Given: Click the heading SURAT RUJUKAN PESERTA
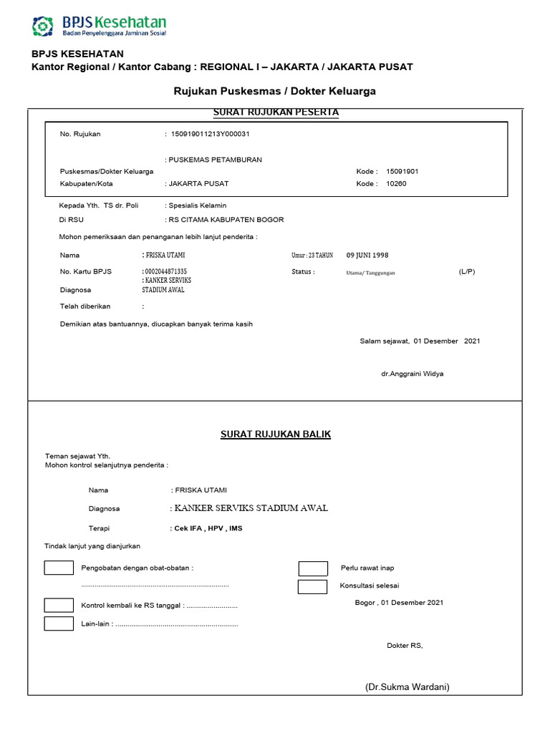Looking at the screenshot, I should coord(276,112).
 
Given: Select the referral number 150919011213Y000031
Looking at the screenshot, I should coord(209,134).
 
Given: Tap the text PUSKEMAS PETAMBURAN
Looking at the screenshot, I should coord(213,160).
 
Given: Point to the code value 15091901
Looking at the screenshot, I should coord(402,172).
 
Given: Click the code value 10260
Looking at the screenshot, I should coord(396,184).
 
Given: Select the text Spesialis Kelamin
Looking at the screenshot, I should coord(197,205).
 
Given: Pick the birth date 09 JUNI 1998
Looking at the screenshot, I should coord(367,255).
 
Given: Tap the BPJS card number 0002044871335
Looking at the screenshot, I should coord(166,272).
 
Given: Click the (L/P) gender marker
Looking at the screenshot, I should coord(466,272).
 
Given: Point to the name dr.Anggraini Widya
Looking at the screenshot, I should coord(412,374).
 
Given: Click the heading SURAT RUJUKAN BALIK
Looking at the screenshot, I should coord(275,435).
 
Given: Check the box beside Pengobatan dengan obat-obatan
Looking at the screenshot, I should coord(59,568).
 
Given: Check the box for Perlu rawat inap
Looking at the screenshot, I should coord(313,569).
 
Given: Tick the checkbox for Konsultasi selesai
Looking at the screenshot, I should coord(313,587).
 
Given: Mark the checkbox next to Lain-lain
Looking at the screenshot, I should coord(59,623).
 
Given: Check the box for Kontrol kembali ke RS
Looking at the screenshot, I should coord(59,605).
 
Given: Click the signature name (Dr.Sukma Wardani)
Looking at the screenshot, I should coord(407,687).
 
